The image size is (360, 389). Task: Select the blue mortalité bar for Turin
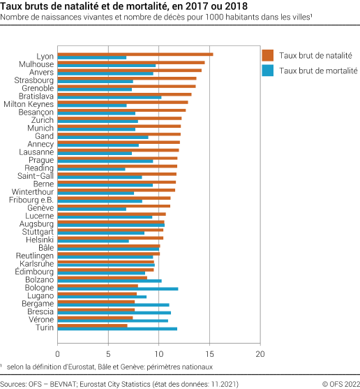tap(117, 328)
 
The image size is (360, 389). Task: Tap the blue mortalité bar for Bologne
tap(118, 288)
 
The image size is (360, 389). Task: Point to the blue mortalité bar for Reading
tap(91, 169)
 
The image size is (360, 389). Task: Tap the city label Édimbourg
tap(34, 271)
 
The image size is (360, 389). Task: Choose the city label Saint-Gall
tap(37, 176)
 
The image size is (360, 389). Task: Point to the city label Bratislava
tap(36, 96)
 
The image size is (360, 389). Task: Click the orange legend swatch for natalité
tap(268, 55)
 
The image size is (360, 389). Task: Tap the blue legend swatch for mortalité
tap(268, 71)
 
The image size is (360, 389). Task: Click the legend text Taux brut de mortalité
tap(318, 71)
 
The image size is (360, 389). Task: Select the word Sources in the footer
tap(14, 383)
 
